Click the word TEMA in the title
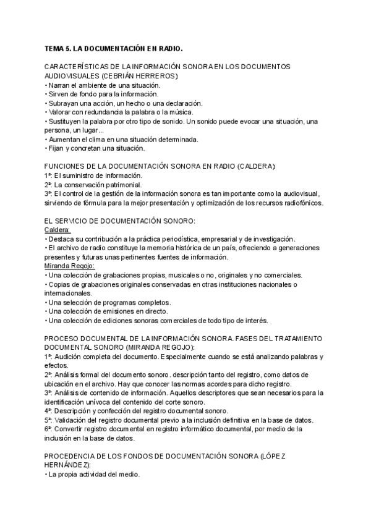click(x=54, y=48)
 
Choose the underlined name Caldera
click(x=57, y=230)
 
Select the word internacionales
click(x=67, y=293)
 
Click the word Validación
click(x=70, y=420)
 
